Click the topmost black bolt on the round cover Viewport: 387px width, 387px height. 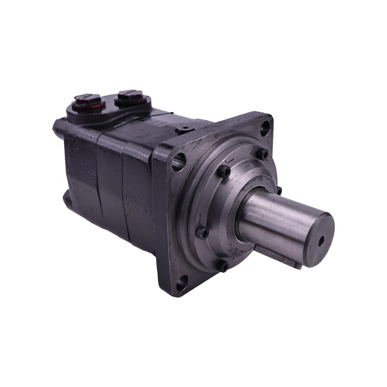(x=265, y=153)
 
